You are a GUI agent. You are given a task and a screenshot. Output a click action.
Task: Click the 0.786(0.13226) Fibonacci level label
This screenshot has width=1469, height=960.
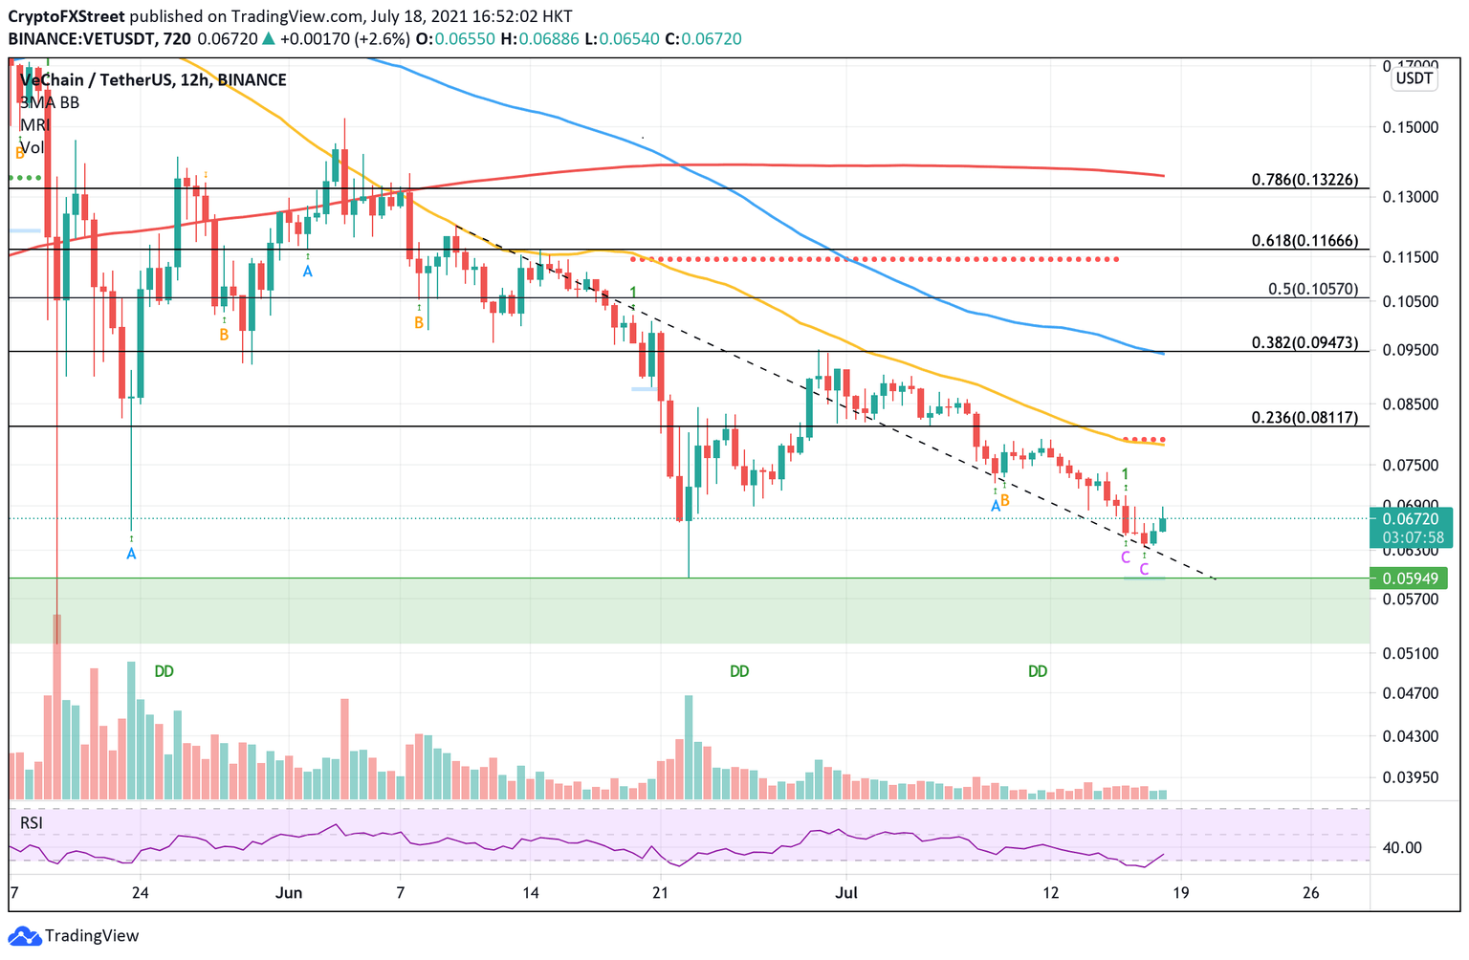click(x=1304, y=180)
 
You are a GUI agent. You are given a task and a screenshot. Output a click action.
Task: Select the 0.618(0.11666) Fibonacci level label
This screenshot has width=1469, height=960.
click(x=1304, y=241)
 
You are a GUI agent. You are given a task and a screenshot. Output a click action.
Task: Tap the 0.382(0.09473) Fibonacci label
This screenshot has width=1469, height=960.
click(x=1304, y=342)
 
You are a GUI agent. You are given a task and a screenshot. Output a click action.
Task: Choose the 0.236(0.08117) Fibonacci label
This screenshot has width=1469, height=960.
click(x=1304, y=417)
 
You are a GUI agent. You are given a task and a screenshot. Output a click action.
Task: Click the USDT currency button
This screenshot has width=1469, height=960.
click(x=1414, y=78)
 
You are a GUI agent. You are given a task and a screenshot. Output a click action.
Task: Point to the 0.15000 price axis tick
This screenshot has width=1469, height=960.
click(x=1410, y=127)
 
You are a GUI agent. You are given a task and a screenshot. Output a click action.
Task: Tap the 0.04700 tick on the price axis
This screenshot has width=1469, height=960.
click(x=1410, y=693)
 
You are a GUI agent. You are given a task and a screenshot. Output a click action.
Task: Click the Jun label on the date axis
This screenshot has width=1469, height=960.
click(x=288, y=893)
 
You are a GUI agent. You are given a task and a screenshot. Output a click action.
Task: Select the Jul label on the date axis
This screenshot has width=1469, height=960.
click(x=845, y=893)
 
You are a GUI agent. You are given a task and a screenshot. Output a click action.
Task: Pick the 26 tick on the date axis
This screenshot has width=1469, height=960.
click(x=1310, y=893)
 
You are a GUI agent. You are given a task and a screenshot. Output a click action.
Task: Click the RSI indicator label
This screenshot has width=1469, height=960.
click(x=32, y=822)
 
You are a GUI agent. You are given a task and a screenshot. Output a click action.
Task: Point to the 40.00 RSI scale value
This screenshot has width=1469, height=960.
click(x=1402, y=847)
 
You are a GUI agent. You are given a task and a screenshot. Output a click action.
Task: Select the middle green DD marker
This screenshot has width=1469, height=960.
click(x=739, y=671)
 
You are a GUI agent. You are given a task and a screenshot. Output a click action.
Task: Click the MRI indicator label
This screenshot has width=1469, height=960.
click(x=34, y=125)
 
